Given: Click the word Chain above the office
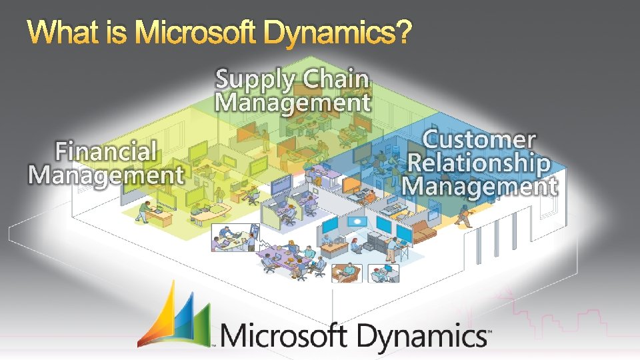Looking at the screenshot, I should coord(336,79).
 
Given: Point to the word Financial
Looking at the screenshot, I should coord(106,151).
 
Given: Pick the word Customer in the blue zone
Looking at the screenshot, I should coord(479,140).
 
